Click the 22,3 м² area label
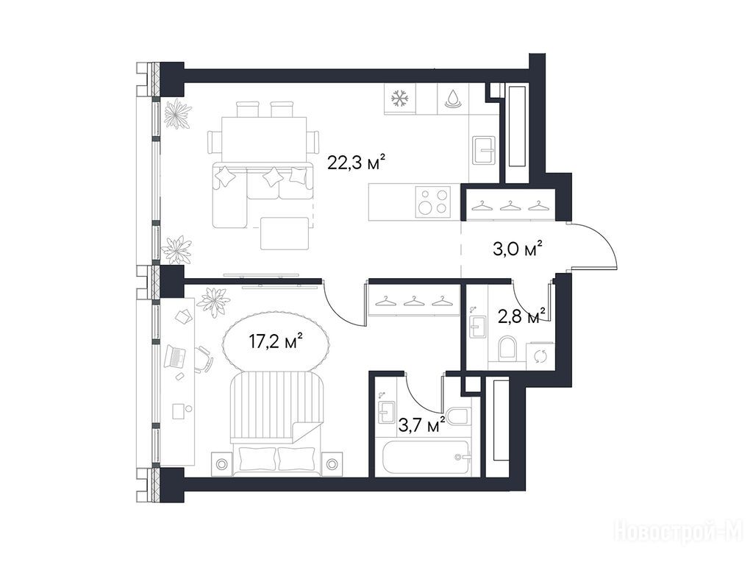(x=357, y=163)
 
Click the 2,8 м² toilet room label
(x=522, y=316)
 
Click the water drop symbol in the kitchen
(x=452, y=99)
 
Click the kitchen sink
(x=484, y=150)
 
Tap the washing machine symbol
(x=540, y=356)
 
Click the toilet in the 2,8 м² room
(x=507, y=348)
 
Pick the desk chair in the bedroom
(x=204, y=358)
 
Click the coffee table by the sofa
(x=285, y=233)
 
